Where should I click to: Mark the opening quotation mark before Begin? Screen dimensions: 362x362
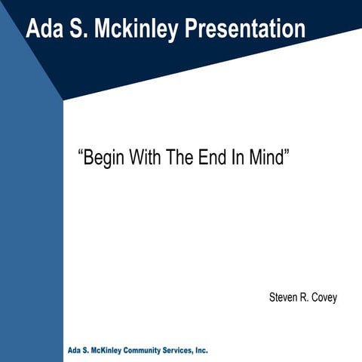click(x=80, y=155)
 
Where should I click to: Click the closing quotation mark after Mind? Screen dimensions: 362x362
click(x=289, y=155)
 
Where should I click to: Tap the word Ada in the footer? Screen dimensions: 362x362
click(x=75, y=351)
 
